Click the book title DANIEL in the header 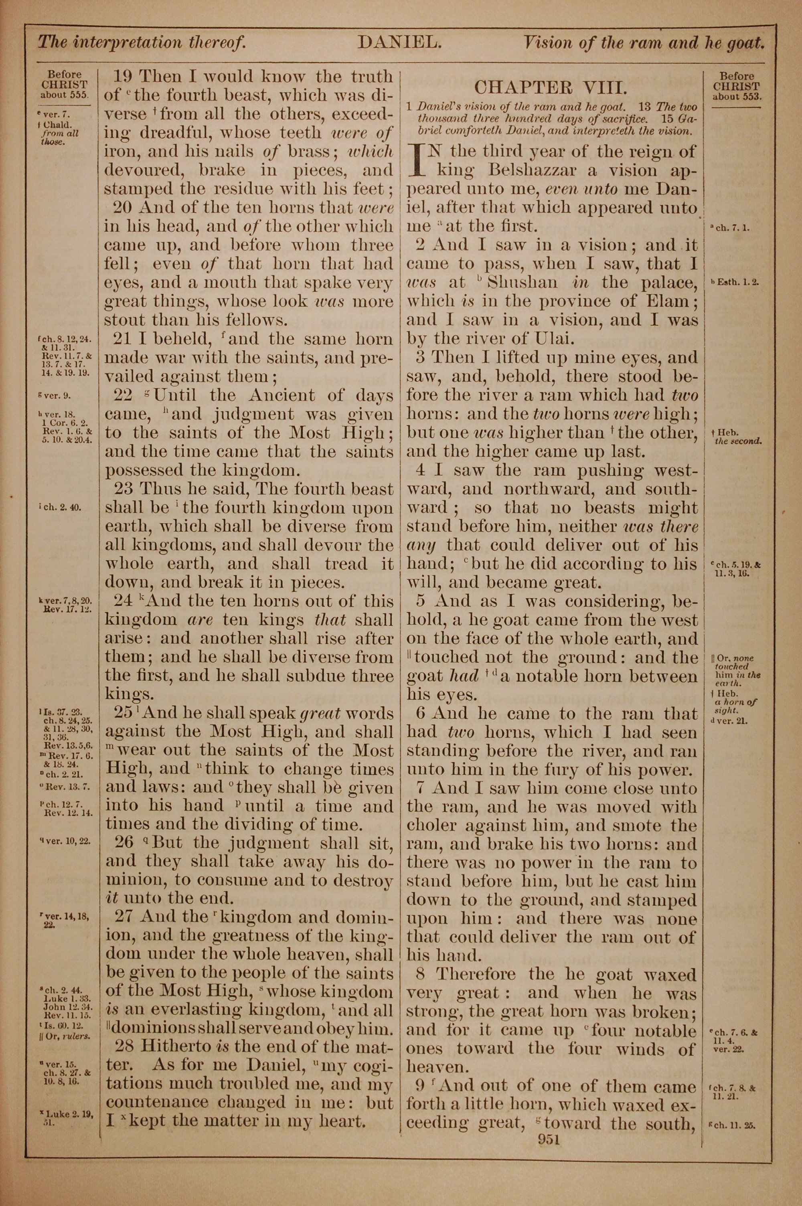click(x=399, y=42)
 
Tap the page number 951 click(x=549, y=1139)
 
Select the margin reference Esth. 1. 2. click(x=735, y=282)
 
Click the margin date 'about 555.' click(x=65, y=95)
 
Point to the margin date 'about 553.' click(x=737, y=96)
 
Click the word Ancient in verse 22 click(x=284, y=395)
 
